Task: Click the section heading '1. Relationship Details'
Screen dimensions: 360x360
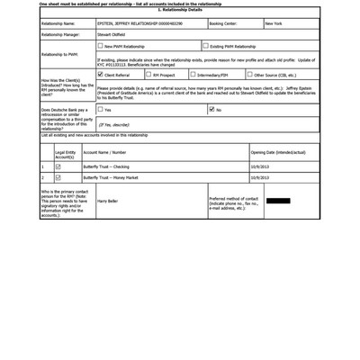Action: [180, 9]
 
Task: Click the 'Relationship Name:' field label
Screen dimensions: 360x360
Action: [64, 23]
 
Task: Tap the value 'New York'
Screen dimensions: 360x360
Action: [274, 23]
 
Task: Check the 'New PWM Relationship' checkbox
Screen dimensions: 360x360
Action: [100, 46]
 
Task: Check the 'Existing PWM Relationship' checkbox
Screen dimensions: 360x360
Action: [205, 46]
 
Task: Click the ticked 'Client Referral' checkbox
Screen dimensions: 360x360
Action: [100, 75]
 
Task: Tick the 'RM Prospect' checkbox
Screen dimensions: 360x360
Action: [148, 75]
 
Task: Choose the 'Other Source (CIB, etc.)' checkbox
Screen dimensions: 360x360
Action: [249, 75]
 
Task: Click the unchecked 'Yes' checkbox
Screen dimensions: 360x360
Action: [100, 110]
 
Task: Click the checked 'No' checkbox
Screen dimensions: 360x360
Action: [211, 110]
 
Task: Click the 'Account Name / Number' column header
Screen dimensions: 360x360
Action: [111, 153]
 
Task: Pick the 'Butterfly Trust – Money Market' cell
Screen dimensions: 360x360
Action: [112, 178]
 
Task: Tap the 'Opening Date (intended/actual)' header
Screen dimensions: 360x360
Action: [278, 153]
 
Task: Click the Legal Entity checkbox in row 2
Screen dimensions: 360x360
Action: [58, 178]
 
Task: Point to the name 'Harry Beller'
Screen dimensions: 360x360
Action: [107, 201]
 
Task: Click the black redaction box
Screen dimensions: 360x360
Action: [278, 201]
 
